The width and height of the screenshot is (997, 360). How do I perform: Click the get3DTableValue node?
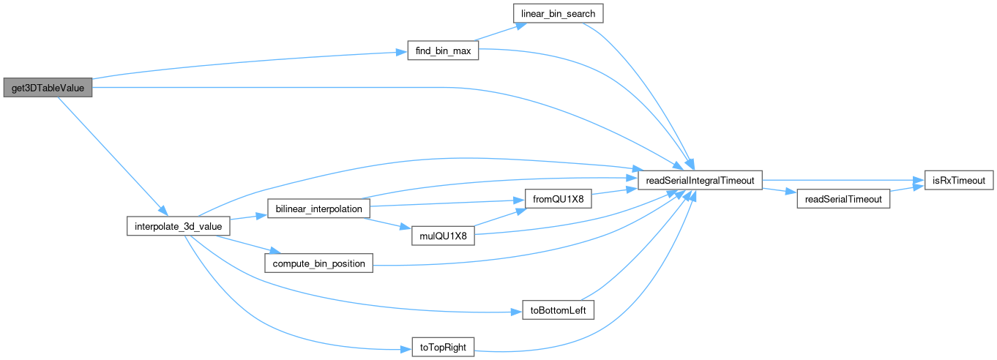pos(48,89)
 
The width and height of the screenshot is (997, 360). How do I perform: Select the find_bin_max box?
pos(442,52)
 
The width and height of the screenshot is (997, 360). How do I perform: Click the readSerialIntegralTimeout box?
pos(701,180)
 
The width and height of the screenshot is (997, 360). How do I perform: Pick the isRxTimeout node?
pos(957,180)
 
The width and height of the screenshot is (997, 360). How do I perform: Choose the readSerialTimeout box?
pos(843,199)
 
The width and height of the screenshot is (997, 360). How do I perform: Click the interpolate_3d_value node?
pos(179,226)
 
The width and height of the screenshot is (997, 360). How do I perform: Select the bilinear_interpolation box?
pos(318,209)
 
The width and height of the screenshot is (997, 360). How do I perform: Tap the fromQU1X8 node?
pos(557,199)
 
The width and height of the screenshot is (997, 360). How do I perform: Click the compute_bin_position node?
pos(318,263)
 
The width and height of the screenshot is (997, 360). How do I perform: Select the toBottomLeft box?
pos(557,310)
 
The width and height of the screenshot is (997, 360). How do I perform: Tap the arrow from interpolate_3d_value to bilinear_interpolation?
pos(244,218)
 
